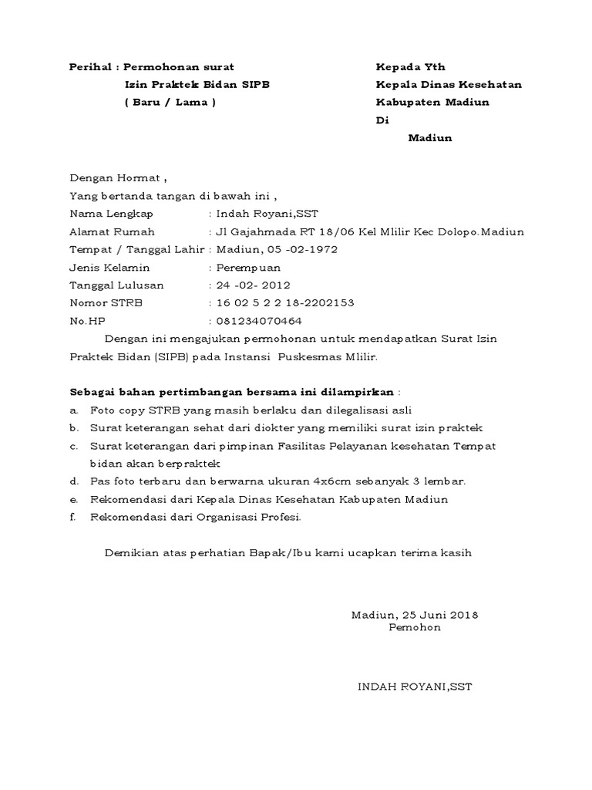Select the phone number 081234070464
(260, 321)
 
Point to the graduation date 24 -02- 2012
(254, 285)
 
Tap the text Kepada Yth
(410, 67)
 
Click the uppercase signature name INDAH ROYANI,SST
(415, 687)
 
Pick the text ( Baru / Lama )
(170, 103)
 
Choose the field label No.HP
(87, 321)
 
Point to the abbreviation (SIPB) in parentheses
(176, 357)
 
